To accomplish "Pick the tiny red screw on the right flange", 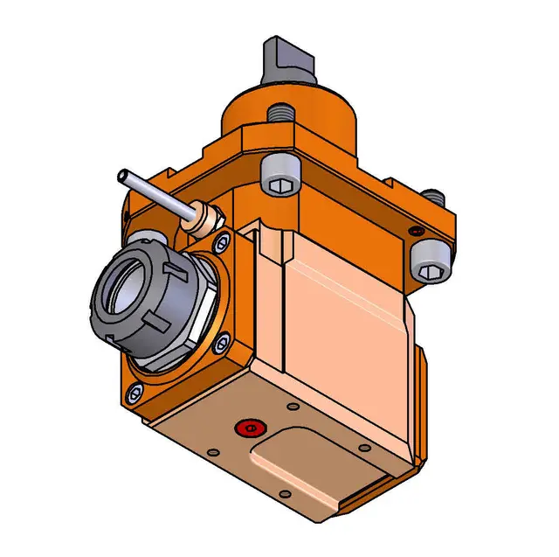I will pos(416,230).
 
